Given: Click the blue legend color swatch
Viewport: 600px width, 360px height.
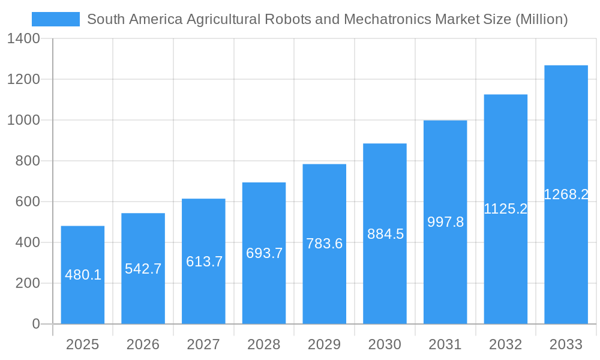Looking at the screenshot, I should pyautogui.click(x=56, y=19).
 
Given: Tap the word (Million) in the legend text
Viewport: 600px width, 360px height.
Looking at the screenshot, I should pyautogui.click(x=541, y=19).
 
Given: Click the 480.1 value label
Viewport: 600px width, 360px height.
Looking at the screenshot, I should pyautogui.click(x=83, y=275).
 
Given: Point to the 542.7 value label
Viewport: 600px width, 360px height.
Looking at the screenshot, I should pyautogui.click(x=143, y=268).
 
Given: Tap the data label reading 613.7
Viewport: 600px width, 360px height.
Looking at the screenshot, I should pyautogui.click(x=204, y=261).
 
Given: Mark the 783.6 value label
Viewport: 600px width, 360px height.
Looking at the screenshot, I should pyautogui.click(x=325, y=244).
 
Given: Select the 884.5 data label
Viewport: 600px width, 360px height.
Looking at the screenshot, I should pyautogui.click(x=385, y=234).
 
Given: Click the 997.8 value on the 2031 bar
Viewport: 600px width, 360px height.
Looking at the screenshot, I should pyautogui.click(x=445, y=222).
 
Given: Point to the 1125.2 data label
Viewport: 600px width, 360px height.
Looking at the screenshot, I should pyautogui.click(x=506, y=209).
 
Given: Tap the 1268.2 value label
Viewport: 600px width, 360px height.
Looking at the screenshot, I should pyautogui.click(x=566, y=194).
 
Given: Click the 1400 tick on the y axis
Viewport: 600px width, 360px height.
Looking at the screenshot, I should pyautogui.click(x=23, y=38).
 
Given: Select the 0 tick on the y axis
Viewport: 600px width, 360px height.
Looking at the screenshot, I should pyautogui.click(x=35, y=324).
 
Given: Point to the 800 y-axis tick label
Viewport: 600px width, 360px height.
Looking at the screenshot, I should pyautogui.click(x=27, y=161).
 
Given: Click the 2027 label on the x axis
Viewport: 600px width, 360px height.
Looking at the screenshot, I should pyautogui.click(x=203, y=344).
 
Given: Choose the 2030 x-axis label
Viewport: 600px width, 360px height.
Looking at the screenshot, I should pyautogui.click(x=385, y=344).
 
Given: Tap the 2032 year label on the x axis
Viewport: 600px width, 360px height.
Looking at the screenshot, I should pyautogui.click(x=506, y=344).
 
